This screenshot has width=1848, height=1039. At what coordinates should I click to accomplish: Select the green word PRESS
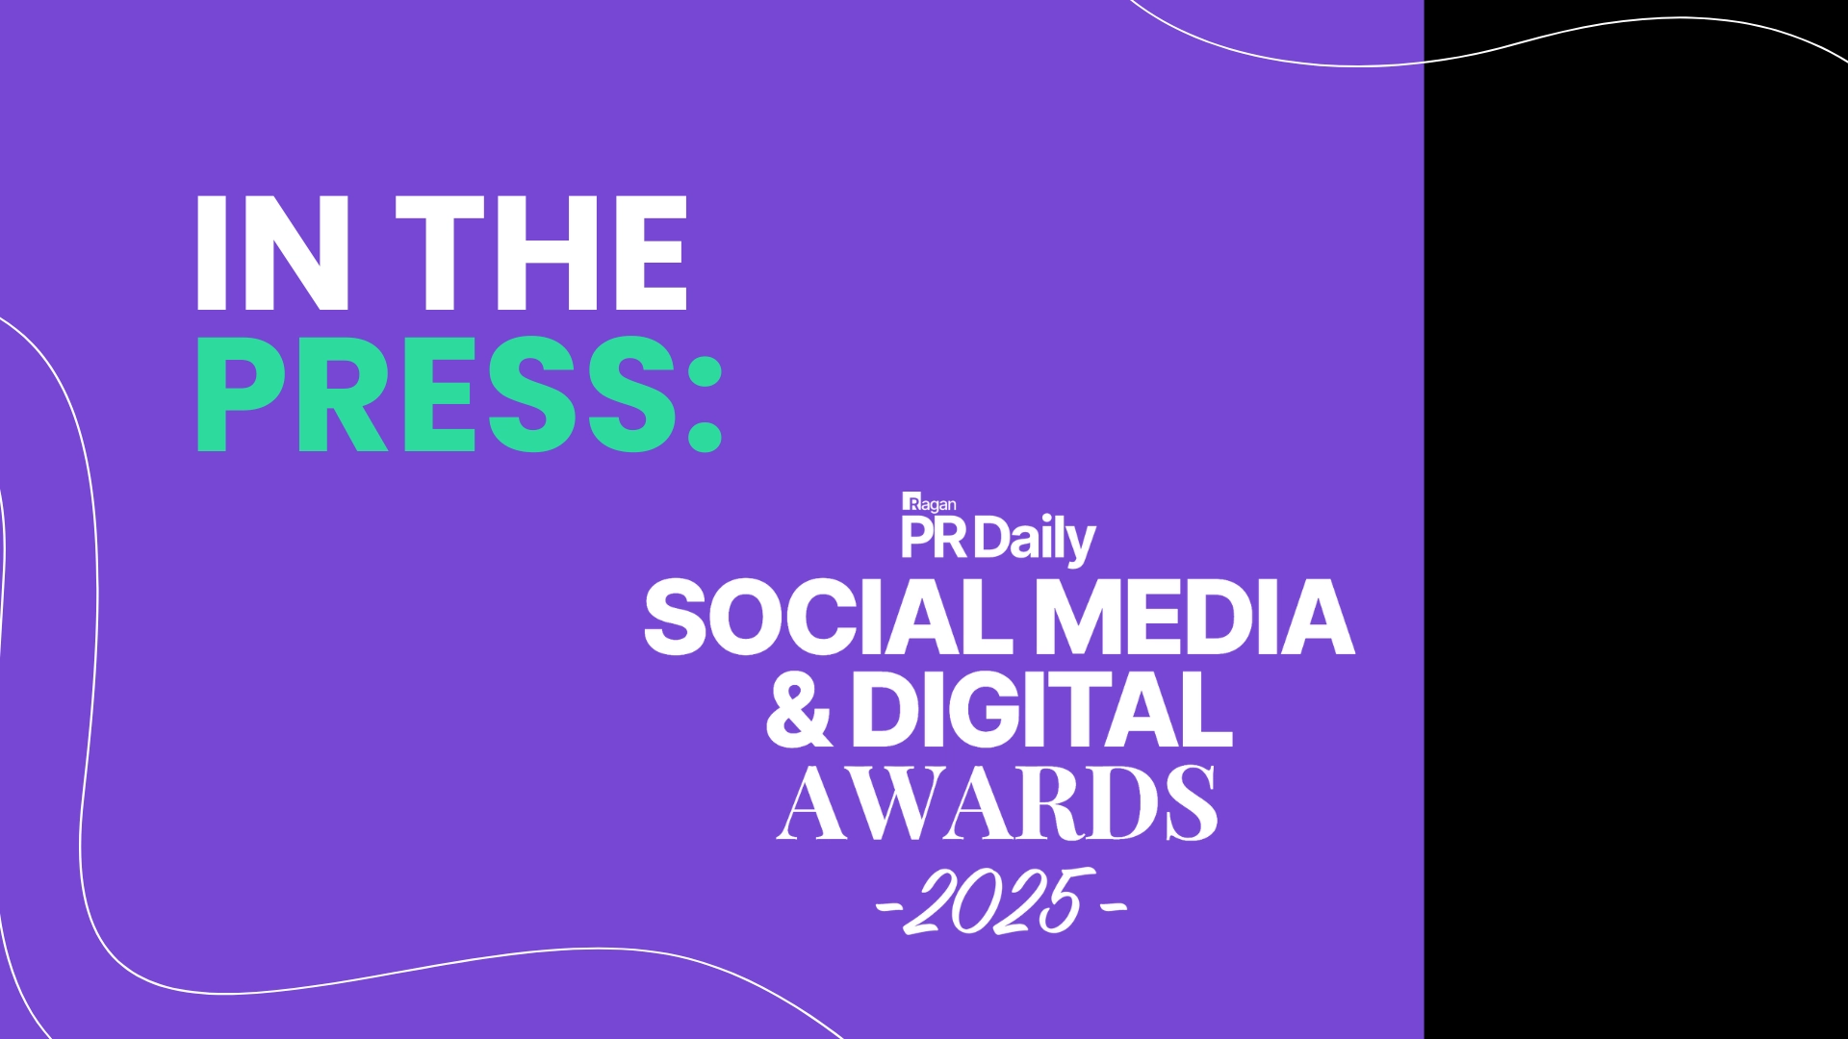coord(438,395)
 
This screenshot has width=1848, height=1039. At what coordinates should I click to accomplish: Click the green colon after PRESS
coord(705,401)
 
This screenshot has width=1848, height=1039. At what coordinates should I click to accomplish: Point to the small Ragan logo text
coord(930,502)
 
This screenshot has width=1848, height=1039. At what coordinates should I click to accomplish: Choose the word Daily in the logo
coord(1036,542)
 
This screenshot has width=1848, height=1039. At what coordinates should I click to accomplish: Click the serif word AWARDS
coord(997,804)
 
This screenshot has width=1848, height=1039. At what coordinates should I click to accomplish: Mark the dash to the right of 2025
coord(1113,905)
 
